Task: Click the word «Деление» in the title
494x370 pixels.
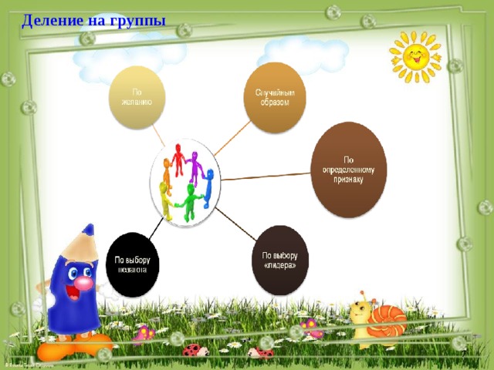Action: point(51,20)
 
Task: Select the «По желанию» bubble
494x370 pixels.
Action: point(137,97)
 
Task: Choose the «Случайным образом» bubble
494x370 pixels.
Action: point(275,98)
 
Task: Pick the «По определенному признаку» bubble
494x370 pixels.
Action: point(348,170)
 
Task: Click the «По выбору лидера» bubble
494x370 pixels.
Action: point(280,261)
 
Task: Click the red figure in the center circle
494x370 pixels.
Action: point(179,159)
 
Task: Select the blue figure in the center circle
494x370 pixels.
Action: point(208,182)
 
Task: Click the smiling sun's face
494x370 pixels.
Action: point(414,56)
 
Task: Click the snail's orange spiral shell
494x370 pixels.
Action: point(387,318)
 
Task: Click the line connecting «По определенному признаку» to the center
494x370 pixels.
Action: point(266,177)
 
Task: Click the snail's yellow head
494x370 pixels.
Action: point(360,312)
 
